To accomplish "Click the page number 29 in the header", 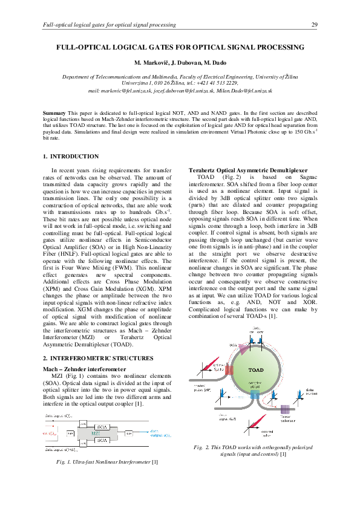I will [314, 25].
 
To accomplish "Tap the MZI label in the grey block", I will [96, 433].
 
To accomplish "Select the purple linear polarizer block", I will [285, 409].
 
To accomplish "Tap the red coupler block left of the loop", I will [229, 369].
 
